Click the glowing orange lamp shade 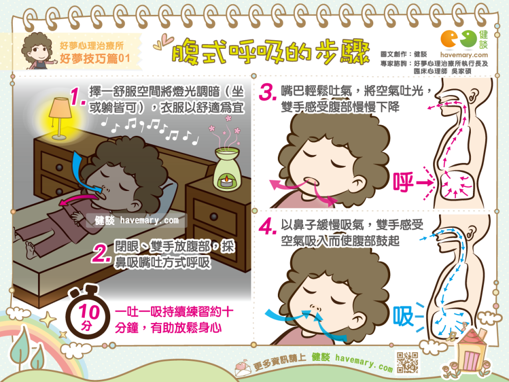(60, 108)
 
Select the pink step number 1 (77, 97)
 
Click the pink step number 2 (101, 253)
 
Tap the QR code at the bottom (407, 362)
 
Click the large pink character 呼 (403, 182)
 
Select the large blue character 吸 (403, 316)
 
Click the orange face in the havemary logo (449, 39)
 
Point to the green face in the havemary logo (469, 39)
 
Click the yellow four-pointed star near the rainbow (48, 319)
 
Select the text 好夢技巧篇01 (95, 58)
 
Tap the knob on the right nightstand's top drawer (214, 216)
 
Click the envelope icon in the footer (243, 367)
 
